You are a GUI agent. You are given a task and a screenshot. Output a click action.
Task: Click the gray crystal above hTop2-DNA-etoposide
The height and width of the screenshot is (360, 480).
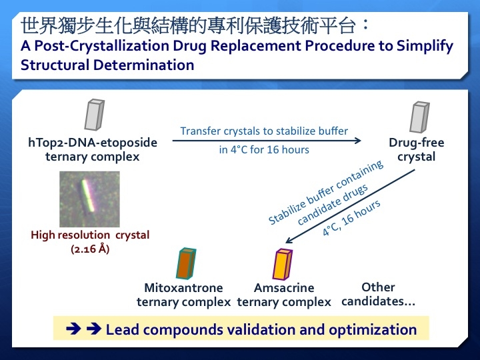94,115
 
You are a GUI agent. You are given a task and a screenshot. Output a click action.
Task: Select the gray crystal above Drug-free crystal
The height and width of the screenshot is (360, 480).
420,117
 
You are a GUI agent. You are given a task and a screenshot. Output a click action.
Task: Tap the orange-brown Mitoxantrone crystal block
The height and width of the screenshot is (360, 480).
186,263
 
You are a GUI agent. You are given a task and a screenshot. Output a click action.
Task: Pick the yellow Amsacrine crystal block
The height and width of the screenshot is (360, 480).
283,265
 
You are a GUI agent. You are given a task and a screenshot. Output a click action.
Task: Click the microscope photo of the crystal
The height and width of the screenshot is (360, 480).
89,199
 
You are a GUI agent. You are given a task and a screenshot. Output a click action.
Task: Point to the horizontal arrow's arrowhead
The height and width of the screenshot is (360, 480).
358,141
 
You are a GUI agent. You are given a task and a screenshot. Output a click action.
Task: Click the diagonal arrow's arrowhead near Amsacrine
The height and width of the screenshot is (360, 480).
289,240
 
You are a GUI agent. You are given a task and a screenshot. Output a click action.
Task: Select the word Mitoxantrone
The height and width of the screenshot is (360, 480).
183,288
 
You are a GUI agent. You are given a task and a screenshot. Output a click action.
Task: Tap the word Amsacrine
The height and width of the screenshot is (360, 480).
284,288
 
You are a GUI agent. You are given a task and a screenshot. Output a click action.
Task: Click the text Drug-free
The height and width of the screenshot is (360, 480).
416,143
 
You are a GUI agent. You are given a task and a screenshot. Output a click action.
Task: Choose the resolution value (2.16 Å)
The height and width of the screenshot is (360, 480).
90,249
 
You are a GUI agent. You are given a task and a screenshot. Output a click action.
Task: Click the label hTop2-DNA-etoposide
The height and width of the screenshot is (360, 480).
93,143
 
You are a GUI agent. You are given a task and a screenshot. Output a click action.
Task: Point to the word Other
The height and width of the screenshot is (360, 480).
378,287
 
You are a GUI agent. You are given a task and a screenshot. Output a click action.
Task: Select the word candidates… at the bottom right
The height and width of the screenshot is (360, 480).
379,301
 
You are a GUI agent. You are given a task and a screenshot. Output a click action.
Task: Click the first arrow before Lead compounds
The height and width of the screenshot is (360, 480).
73,329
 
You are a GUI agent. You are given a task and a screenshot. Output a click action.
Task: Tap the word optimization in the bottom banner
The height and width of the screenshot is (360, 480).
373,330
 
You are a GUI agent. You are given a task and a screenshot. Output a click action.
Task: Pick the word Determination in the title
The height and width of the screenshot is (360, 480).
143,65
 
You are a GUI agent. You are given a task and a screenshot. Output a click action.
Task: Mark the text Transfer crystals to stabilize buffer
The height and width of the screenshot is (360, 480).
264,131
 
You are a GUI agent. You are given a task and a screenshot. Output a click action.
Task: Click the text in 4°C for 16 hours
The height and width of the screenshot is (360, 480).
264,150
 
